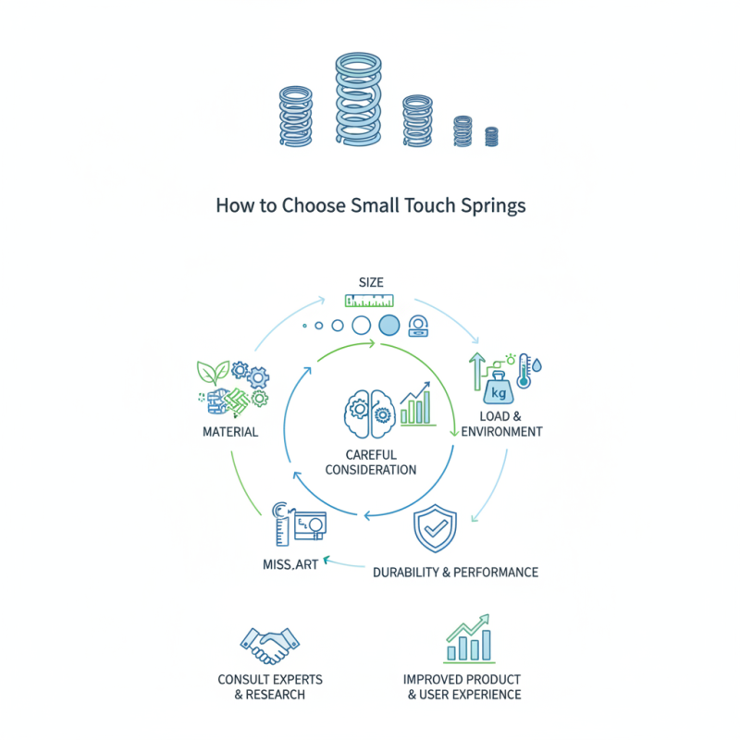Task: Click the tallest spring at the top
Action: [358, 100]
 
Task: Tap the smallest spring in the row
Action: [491, 136]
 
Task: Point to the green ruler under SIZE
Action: [369, 300]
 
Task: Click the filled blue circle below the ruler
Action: [389, 325]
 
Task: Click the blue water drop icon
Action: [539, 367]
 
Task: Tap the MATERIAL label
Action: [229, 432]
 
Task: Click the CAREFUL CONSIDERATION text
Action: [370, 462]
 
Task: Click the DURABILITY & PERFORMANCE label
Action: [455, 573]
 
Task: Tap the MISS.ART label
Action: [286, 564]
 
